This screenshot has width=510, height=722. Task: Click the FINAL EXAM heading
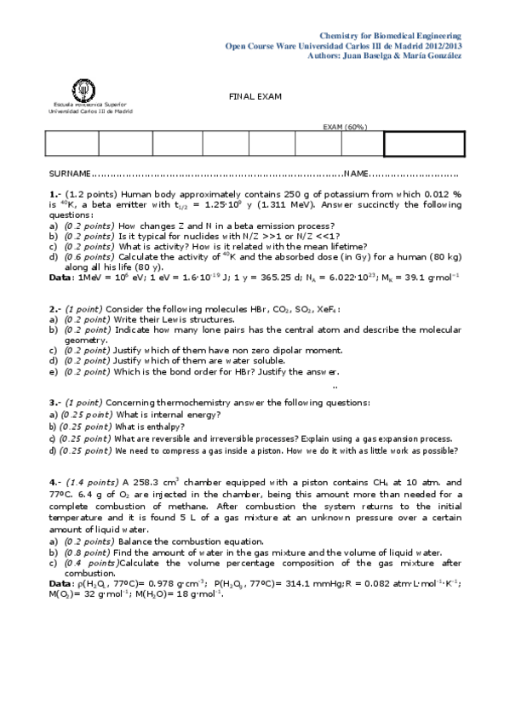(255, 96)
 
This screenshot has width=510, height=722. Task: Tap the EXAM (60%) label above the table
(345, 127)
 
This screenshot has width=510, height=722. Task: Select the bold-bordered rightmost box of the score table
(425, 145)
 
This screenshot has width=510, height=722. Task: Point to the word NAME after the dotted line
(357, 174)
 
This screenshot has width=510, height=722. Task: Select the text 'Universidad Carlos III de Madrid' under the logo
(90, 112)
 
